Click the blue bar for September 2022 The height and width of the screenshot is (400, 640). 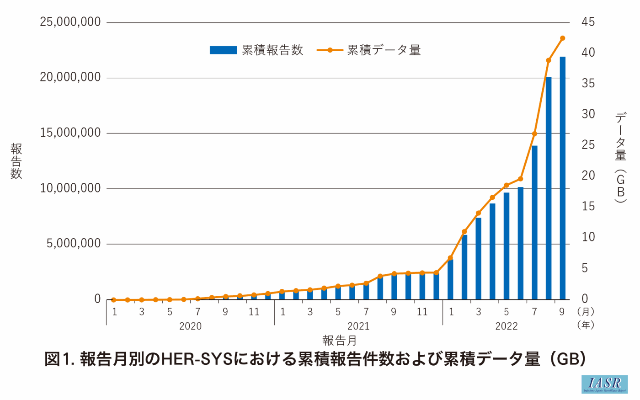[x=562, y=178]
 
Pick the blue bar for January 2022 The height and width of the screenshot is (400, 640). [x=450, y=280]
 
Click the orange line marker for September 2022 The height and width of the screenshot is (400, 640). [x=563, y=38]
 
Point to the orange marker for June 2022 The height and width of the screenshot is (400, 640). [x=520, y=179]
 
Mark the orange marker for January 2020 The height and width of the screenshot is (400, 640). [x=114, y=300]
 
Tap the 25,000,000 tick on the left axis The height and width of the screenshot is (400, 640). [x=70, y=22]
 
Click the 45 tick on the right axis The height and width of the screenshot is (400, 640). [x=588, y=22]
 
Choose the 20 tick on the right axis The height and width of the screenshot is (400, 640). [x=588, y=176]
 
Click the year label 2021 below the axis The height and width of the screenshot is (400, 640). [x=358, y=326]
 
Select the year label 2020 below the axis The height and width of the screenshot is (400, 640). [x=190, y=326]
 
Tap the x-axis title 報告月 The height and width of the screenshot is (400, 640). [x=339, y=341]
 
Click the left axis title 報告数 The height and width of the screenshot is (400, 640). [x=16, y=161]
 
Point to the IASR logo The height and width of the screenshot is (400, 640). [x=604, y=384]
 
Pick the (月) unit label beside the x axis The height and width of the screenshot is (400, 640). [x=586, y=312]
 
